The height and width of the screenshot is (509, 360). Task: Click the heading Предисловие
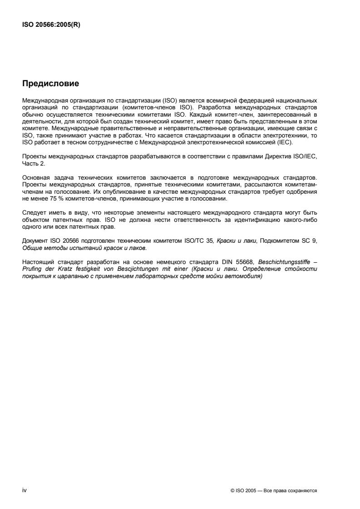(50, 83)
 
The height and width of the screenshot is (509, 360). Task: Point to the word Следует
(32, 213)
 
